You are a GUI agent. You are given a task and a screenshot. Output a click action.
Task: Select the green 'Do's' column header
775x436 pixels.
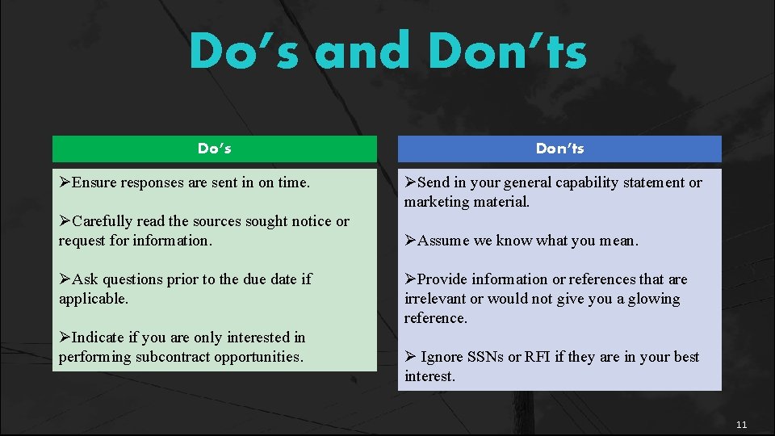(215, 149)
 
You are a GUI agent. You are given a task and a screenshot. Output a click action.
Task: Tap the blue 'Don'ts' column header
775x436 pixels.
(559, 149)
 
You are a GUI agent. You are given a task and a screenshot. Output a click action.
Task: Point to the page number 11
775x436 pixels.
(742, 425)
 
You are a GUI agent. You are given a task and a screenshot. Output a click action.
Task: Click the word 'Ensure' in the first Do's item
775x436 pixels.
(94, 182)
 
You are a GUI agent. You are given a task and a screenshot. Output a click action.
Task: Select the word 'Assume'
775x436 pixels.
(442, 241)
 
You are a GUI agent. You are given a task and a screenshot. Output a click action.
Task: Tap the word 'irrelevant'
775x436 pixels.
(435, 299)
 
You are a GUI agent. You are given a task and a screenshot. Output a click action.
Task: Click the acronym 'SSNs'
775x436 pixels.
(484, 357)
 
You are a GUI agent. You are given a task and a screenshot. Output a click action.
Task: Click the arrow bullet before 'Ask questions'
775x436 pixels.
(65, 279)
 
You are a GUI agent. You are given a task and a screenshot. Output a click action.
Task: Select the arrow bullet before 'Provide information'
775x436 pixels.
(410, 279)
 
